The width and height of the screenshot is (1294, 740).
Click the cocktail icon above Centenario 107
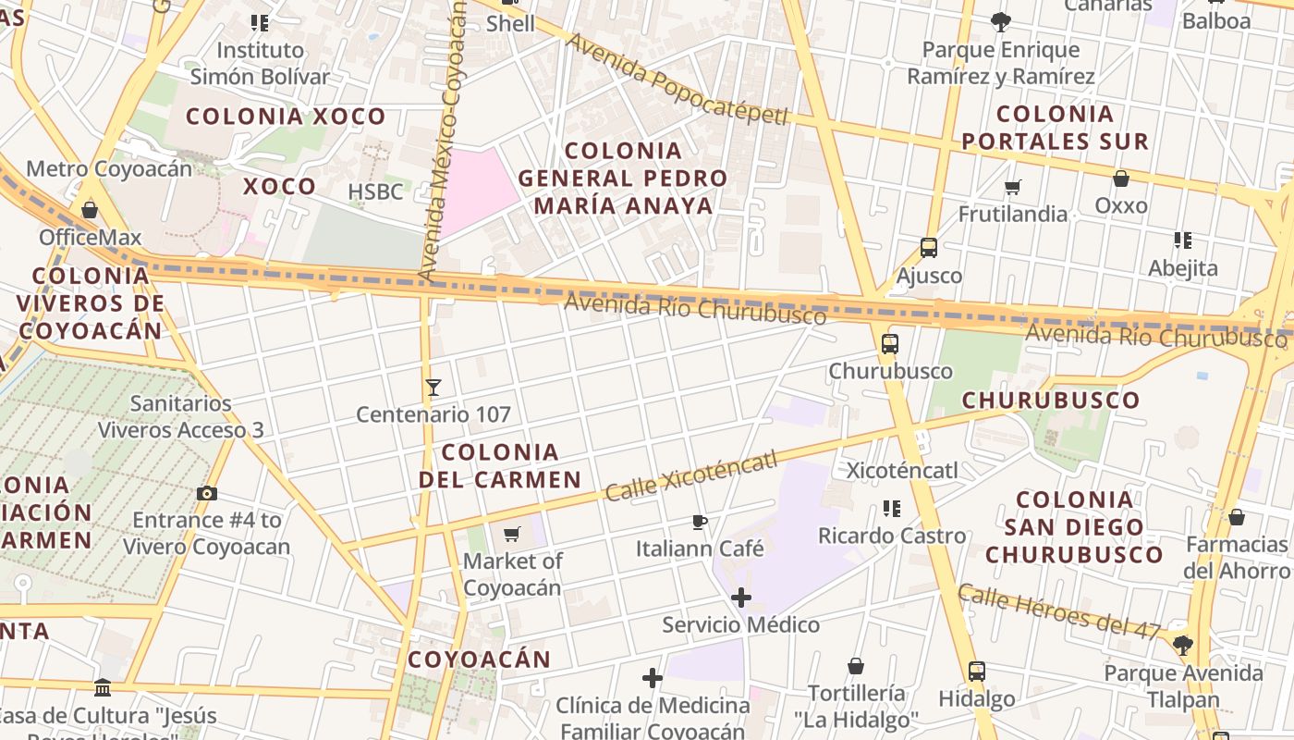click(x=433, y=387)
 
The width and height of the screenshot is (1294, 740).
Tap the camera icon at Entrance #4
click(x=207, y=493)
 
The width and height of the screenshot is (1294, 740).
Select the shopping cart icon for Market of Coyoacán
click(x=511, y=534)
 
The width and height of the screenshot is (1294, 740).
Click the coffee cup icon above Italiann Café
click(x=700, y=522)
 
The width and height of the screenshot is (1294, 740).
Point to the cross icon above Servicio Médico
click(x=740, y=598)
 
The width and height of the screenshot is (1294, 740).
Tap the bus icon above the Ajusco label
click(x=929, y=248)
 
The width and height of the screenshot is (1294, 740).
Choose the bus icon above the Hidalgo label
click(x=977, y=672)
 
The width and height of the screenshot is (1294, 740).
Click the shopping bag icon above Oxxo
click(x=1121, y=179)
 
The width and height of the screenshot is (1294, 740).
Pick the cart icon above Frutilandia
click(x=1013, y=187)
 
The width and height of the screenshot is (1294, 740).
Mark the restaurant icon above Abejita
click(x=1182, y=240)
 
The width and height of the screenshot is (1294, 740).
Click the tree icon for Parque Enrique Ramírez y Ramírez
click(x=1000, y=22)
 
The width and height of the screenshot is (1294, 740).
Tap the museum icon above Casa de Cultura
click(x=103, y=688)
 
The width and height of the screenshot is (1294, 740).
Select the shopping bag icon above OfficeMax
click(x=90, y=210)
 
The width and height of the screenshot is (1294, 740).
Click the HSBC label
click(x=375, y=191)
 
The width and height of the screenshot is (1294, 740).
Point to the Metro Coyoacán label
click(x=109, y=168)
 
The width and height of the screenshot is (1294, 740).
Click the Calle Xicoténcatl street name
click(x=690, y=478)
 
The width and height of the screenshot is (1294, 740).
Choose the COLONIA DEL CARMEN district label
click(x=500, y=465)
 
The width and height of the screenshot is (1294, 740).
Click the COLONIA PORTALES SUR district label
click(x=1055, y=128)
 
